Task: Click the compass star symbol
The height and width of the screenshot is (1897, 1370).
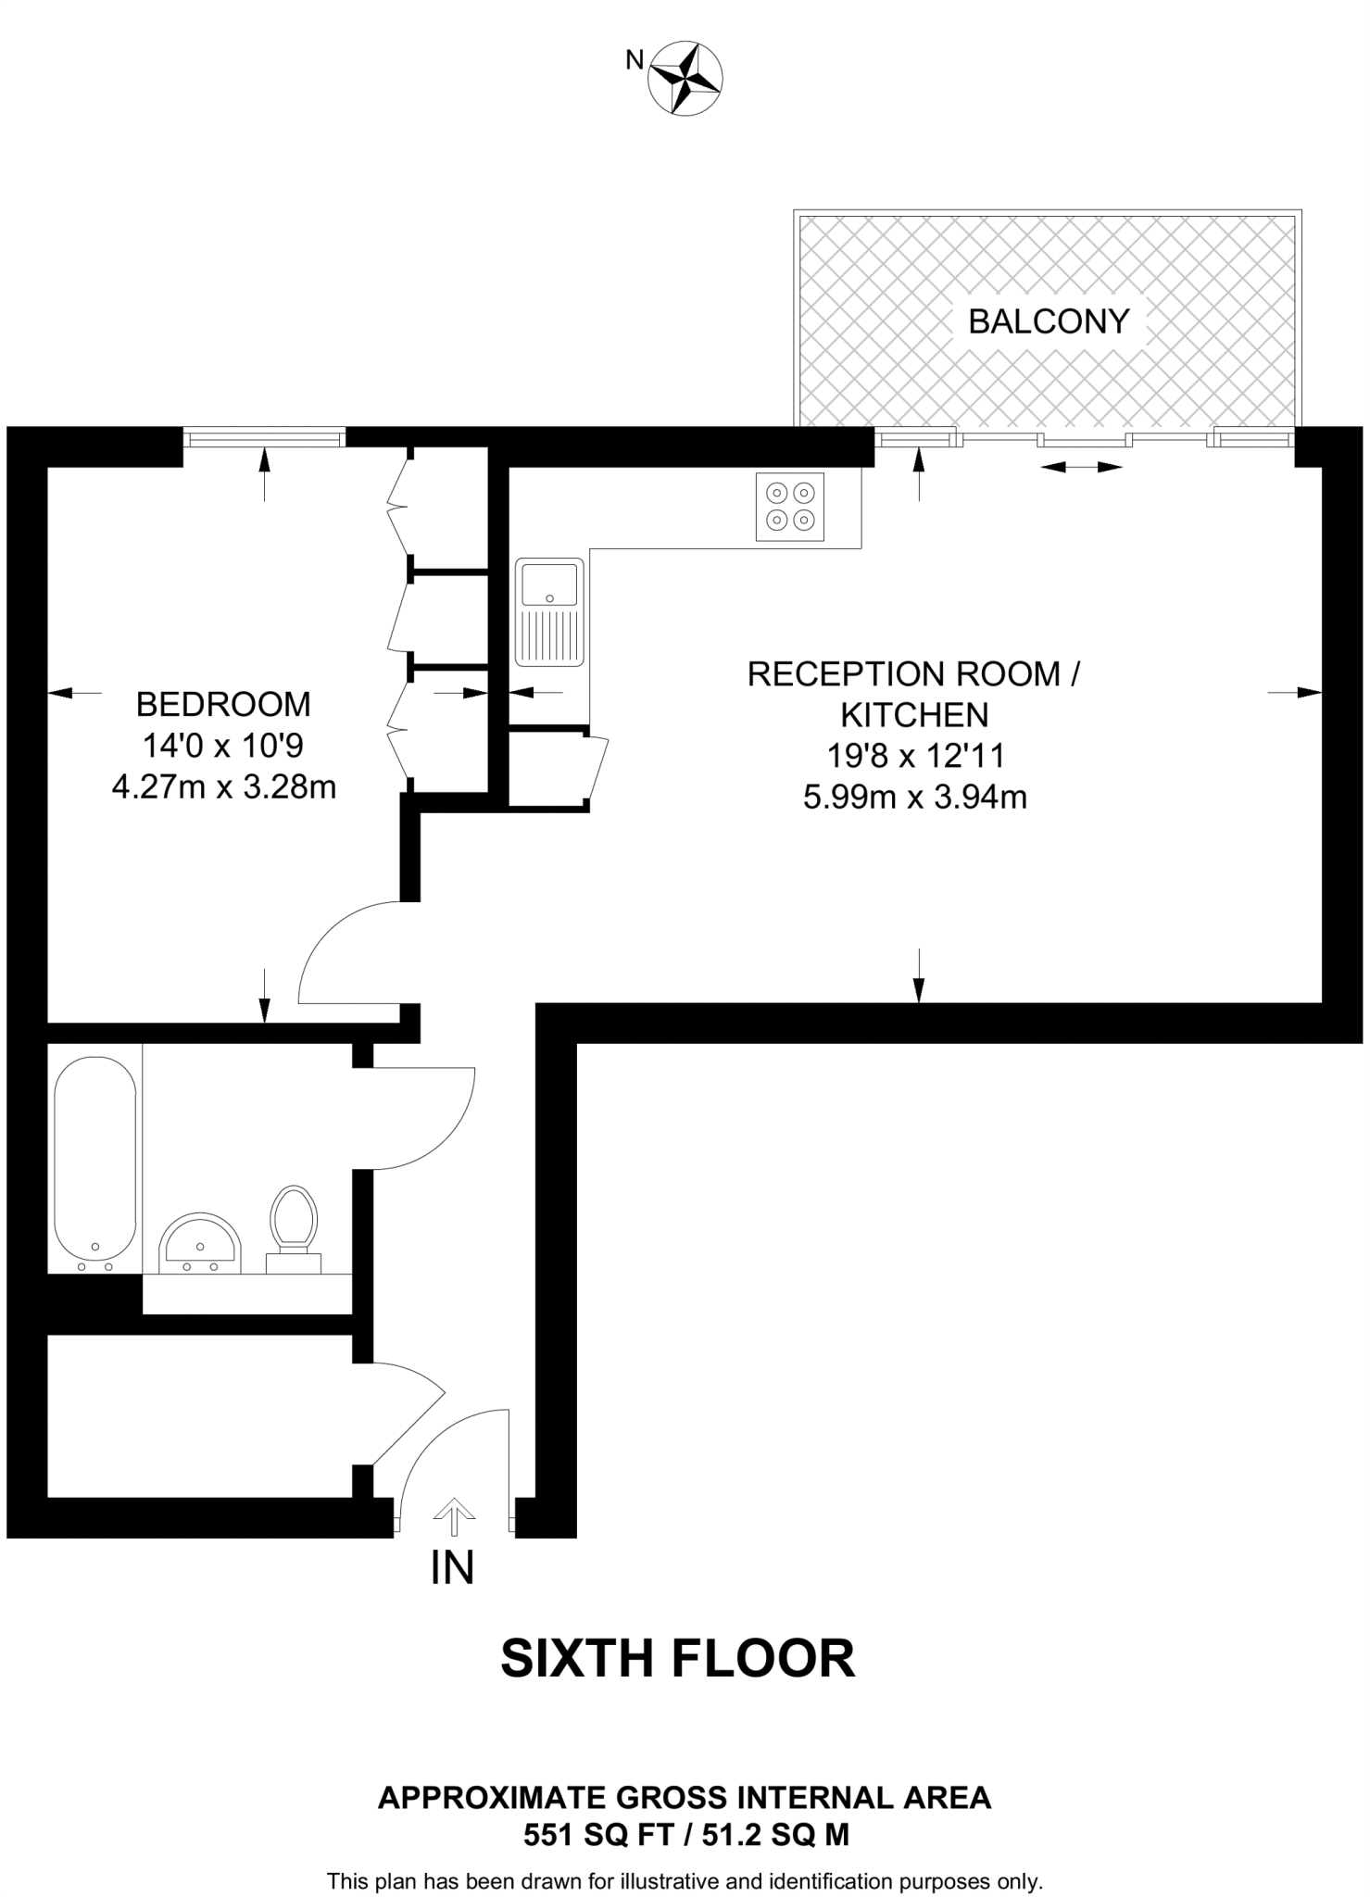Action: coord(686,78)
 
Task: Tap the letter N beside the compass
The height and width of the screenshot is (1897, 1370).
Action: coord(635,61)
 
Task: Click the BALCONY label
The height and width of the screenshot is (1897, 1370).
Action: coord(1049,321)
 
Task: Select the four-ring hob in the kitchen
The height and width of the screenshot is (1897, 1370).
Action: coord(790,507)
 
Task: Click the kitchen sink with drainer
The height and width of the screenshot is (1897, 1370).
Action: coord(549,611)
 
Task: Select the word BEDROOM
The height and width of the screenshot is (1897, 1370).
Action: coord(223,704)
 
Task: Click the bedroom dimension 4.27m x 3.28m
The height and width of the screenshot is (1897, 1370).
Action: coord(223,786)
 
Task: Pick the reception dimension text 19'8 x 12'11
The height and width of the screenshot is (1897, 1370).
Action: coord(914,756)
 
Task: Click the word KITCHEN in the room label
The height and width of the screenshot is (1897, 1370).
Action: coord(914,715)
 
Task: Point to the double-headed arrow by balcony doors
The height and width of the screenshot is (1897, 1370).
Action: coord(1081,468)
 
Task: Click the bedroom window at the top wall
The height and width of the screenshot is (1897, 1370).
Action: coord(264,436)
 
